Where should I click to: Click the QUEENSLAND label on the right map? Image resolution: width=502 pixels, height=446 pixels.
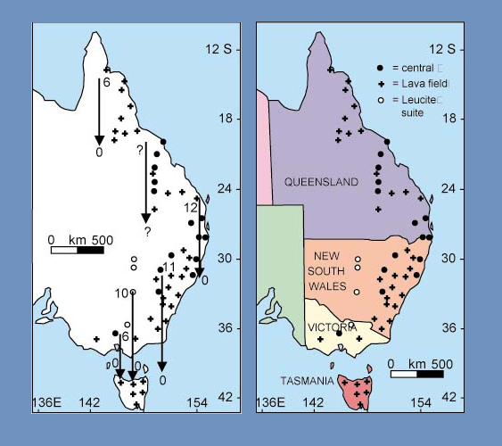pos(321,182)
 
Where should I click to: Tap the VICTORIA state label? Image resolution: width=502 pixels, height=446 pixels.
pos(332,327)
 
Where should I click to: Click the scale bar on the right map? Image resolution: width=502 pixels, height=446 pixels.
pos(417,374)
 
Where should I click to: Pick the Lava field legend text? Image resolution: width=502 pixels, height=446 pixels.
pos(422,83)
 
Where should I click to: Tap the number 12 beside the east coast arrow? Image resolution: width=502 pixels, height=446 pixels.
pos(190,207)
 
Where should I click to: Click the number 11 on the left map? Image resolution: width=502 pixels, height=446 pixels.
pos(169,268)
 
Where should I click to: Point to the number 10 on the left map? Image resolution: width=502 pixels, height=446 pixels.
pos(121,293)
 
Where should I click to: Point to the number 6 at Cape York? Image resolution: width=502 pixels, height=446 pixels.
pos(106,82)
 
